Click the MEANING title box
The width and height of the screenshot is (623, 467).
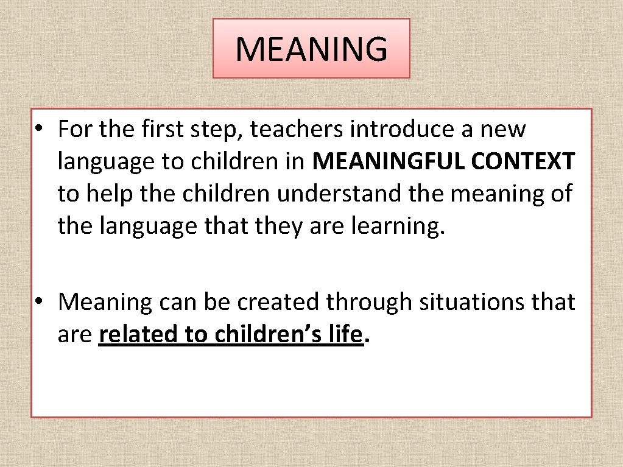pos(311,49)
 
